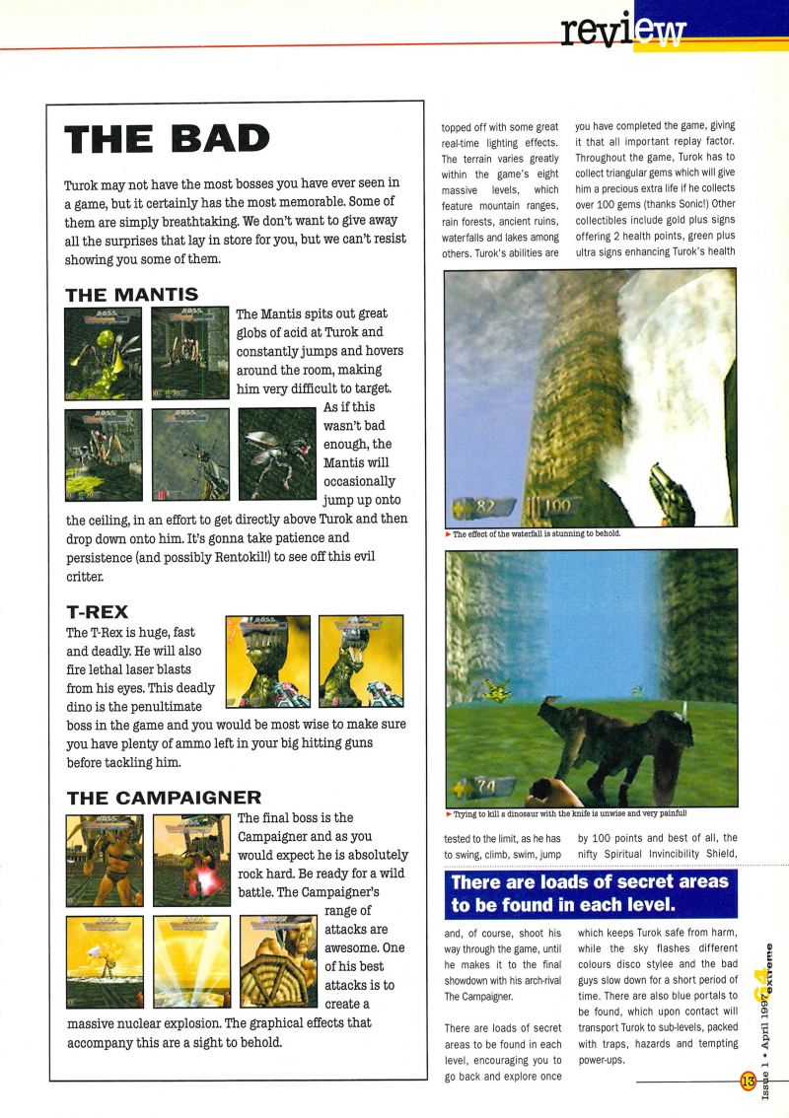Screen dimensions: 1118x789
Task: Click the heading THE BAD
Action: (x=167, y=139)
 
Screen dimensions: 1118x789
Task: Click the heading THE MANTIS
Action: (x=131, y=294)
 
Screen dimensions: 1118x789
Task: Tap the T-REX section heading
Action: (x=97, y=612)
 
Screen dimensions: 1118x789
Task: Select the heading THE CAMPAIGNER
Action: (x=164, y=799)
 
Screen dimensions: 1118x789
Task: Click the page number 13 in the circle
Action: (x=747, y=1082)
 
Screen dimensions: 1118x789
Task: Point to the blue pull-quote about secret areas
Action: (x=590, y=892)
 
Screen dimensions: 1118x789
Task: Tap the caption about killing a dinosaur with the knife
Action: (x=570, y=814)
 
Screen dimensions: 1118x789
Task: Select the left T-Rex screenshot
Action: (x=267, y=662)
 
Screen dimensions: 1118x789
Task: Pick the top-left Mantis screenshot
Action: (x=103, y=353)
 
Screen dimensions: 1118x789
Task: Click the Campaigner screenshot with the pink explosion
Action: (x=192, y=861)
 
